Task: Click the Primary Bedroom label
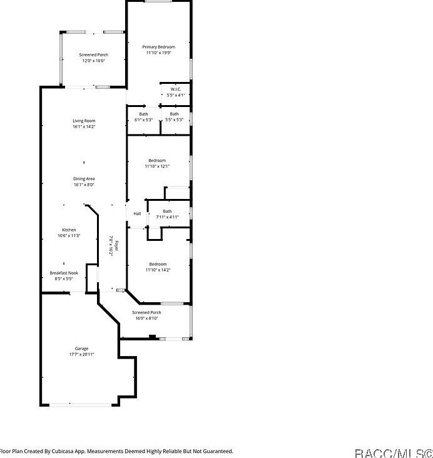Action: pyautogui.click(x=158, y=47)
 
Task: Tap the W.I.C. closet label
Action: pyautogui.click(x=175, y=89)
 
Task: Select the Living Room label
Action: pyautogui.click(x=84, y=121)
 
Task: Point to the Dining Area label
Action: pyautogui.click(x=84, y=179)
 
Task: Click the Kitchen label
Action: pyautogui.click(x=69, y=230)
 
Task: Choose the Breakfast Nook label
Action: pyautogui.click(x=64, y=273)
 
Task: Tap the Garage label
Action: pyautogui.click(x=81, y=349)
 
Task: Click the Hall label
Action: pyautogui.click(x=137, y=214)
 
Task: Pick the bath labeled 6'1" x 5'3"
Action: pyautogui.click(x=144, y=114)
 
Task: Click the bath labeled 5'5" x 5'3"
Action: pyautogui.click(x=174, y=114)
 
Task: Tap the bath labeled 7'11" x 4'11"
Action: pyautogui.click(x=167, y=211)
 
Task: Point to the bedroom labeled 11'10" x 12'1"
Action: pyautogui.click(x=157, y=161)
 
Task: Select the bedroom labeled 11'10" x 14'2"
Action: pyautogui.click(x=157, y=264)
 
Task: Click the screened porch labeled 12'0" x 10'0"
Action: pyautogui.click(x=94, y=55)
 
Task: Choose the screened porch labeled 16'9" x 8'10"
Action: pyautogui.click(x=146, y=312)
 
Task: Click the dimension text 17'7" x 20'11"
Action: pyautogui.click(x=81, y=354)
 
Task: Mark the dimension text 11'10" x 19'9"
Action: pyautogui.click(x=158, y=53)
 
